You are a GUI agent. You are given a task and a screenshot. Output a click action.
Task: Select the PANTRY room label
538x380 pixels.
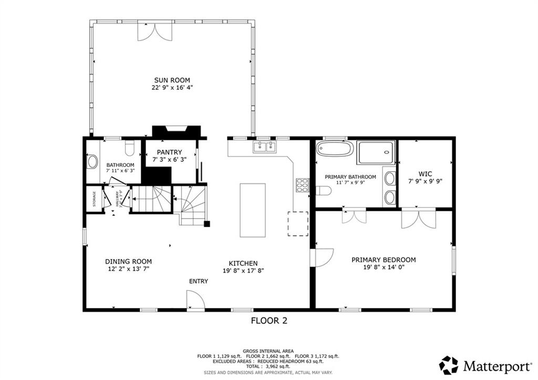coord(169,152)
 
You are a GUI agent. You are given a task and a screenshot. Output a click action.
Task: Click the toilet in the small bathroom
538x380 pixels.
coord(130,146)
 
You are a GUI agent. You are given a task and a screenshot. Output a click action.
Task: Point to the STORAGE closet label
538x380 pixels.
coord(95,199)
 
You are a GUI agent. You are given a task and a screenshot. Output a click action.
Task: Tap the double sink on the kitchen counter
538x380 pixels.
coord(264,147)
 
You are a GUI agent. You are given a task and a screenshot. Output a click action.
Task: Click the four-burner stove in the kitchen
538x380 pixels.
coord(303,186)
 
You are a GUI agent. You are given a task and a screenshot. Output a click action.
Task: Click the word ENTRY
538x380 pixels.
coord(199,281)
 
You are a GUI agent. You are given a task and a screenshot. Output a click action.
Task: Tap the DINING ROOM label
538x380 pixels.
coord(128,261)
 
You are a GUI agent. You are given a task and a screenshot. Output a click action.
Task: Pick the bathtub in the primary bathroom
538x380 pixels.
coord(335,149)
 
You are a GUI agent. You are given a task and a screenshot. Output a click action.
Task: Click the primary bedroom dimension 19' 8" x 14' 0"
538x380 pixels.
coord(384,267)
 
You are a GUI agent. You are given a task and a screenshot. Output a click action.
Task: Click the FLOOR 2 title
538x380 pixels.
coord(268,320)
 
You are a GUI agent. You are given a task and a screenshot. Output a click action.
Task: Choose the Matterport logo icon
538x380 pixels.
coord(448,365)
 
